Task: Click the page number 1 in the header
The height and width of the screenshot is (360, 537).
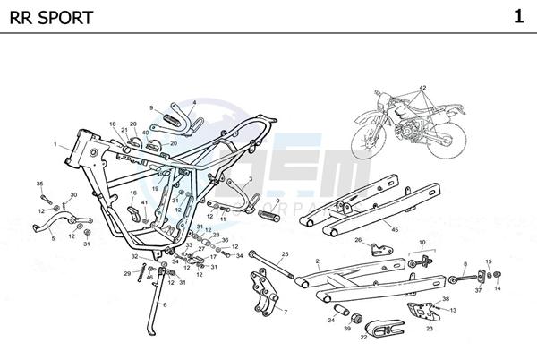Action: click(518, 16)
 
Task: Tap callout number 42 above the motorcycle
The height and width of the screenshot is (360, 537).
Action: click(423, 87)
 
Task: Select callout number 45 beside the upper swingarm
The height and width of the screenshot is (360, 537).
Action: click(395, 228)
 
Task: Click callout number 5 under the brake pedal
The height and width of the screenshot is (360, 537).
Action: click(53, 239)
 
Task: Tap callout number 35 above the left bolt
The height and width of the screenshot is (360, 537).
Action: click(39, 184)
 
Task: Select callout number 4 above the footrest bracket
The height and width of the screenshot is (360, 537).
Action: click(193, 103)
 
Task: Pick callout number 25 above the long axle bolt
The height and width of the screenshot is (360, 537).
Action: click(285, 253)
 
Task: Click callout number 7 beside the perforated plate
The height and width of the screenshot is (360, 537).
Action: click(285, 313)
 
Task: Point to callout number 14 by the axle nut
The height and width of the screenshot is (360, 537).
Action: click(499, 288)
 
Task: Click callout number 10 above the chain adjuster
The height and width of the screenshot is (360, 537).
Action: click(422, 242)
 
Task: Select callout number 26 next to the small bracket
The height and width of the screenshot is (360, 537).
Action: click(357, 240)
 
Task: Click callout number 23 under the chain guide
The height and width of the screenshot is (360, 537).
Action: click(429, 329)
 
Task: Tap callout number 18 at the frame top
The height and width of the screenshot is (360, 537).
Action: click(113, 124)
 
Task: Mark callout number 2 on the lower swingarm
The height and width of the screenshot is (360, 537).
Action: click(318, 261)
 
